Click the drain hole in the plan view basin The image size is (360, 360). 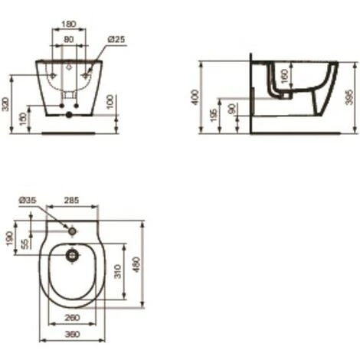point(71,254)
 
